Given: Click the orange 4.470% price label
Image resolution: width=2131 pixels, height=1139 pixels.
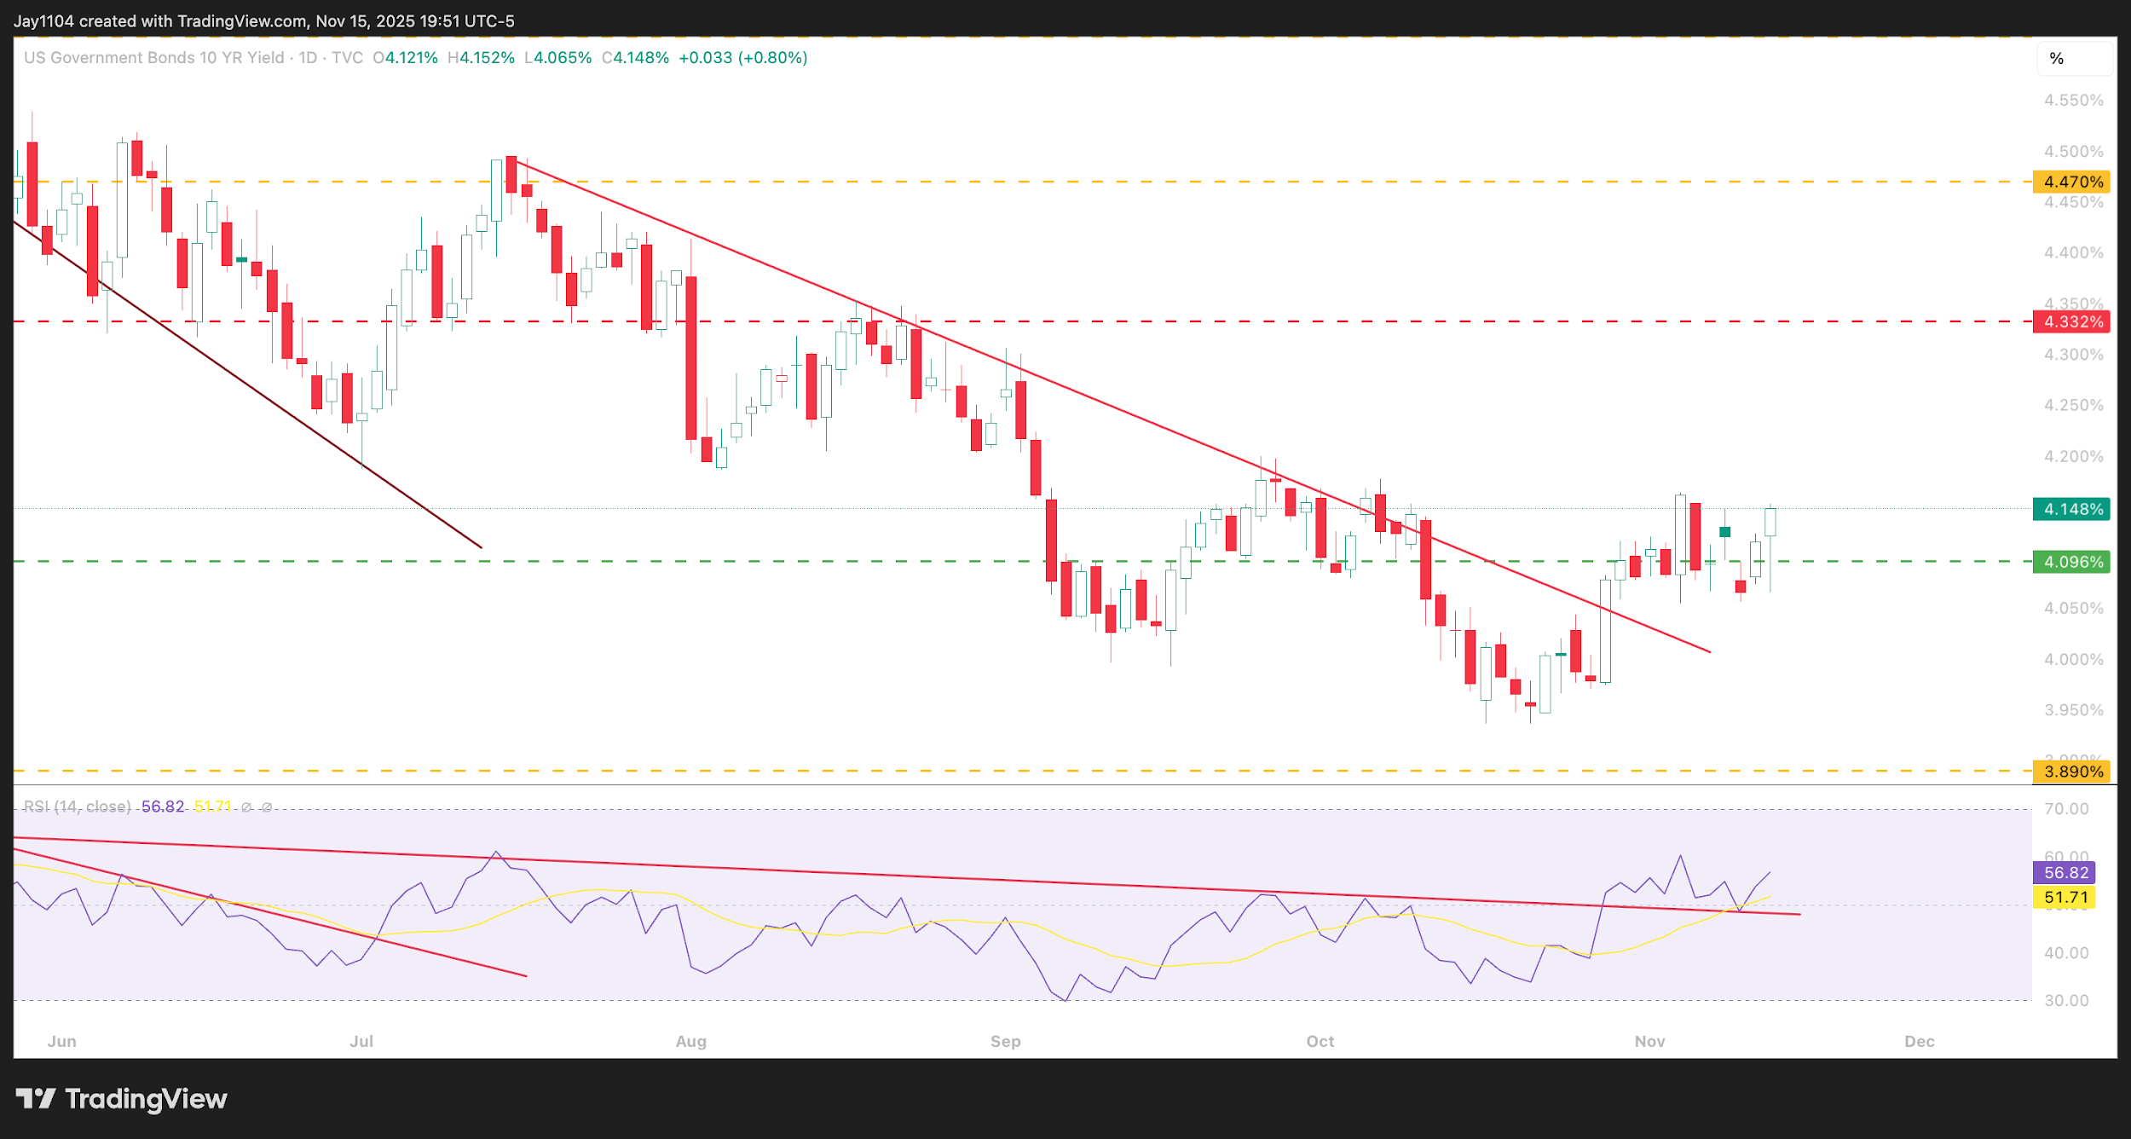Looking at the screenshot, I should pyautogui.click(x=2072, y=182).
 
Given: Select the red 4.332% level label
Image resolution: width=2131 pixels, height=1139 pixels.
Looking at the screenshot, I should pyautogui.click(x=2072, y=321).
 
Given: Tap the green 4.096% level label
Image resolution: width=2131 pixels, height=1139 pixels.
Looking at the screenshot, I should pyautogui.click(x=2072, y=562).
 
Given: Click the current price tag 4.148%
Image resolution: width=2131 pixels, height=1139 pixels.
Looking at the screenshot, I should pyautogui.click(x=2072, y=509).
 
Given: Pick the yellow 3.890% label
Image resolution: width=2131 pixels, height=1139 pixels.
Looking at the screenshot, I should pyautogui.click(x=2072, y=772).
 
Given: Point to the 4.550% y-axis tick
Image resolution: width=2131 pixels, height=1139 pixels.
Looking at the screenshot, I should pyautogui.click(x=2073, y=101).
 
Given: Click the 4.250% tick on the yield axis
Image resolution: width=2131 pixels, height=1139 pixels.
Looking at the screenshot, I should pyautogui.click(x=2073, y=405).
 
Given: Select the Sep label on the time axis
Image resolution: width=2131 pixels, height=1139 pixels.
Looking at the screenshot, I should pyautogui.click(x=1005, y=1041).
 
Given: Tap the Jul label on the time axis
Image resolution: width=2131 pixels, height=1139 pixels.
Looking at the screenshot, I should pyautogui.click(x=361, y=1041).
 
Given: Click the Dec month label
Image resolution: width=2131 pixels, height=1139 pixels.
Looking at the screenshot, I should pyautogui.click(x=1919, y=1041).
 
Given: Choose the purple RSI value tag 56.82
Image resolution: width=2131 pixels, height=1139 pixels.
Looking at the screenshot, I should pyautogui.click(x=2065, y=872).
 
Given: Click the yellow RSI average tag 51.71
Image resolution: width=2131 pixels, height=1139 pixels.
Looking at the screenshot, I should pyautogui.click(x=2065, y=897).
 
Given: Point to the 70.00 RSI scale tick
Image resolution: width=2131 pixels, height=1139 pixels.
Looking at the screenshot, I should pyautogui.click(x=2066, y=808).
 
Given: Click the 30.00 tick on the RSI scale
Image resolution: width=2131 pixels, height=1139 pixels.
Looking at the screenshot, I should pyautogui.click(x=2066, y=1000).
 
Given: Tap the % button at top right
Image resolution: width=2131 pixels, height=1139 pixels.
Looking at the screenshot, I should pyautogui.click(x=2057, y=59).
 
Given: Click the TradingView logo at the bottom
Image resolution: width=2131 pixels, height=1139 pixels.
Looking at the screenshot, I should pyautogui.click(x=122, y=1098).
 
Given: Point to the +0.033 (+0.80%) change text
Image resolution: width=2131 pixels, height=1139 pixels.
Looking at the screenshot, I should pyautogui.click(x=742, y=58).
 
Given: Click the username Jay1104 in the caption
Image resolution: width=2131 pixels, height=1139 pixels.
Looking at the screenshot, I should pyautogui.click(x=44, y=21).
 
